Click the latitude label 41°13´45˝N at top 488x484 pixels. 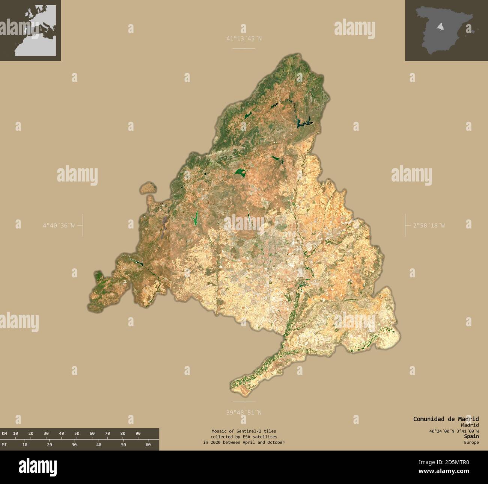244,38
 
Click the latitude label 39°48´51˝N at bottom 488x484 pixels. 244,412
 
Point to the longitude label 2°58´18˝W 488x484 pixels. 429,225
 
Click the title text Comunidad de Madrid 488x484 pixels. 446,419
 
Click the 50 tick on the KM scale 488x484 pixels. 77,433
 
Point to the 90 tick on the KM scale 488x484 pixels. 138,433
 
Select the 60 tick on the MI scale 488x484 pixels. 148,445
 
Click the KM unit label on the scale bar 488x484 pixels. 5,433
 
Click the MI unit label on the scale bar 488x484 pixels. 5,445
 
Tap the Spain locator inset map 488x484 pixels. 446,30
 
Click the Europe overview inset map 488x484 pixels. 30,30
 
